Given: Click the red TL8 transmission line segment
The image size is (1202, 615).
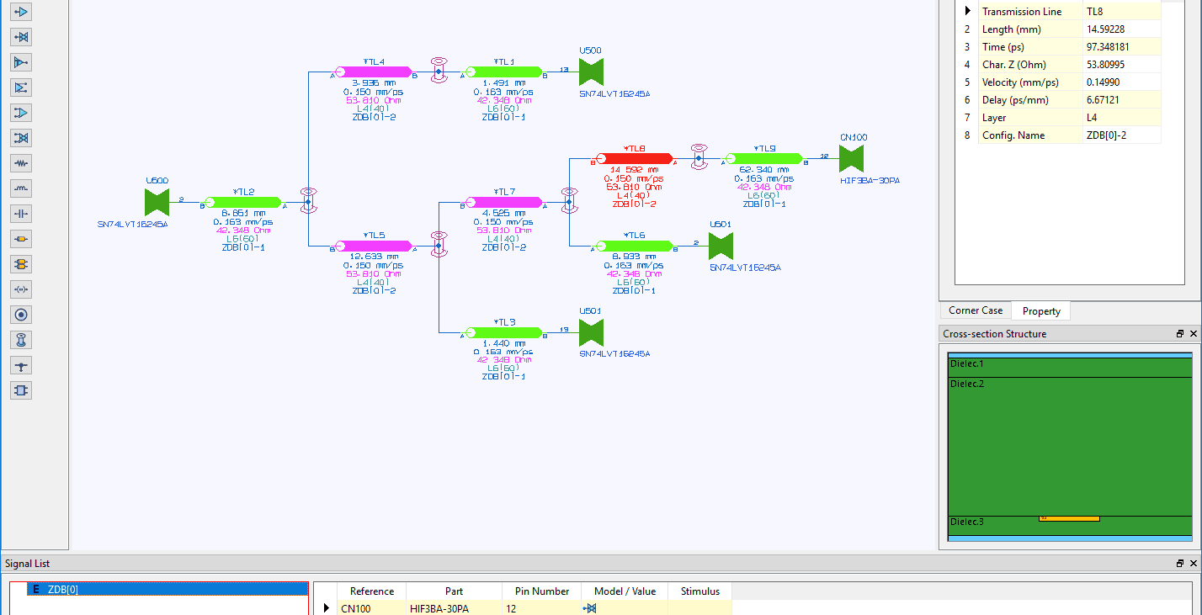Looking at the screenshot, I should click(634, 158).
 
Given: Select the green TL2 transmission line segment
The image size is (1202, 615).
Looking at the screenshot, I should click(243, 202).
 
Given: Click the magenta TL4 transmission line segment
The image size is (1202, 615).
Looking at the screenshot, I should click(374, 72).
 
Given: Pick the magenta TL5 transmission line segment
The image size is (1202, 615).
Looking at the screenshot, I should click(374, 246).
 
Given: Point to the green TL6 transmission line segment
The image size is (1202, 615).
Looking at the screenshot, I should click(635, 246).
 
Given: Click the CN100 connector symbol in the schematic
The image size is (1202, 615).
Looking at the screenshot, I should click(852, 158).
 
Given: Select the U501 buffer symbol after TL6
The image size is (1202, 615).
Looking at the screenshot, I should click(721, 246).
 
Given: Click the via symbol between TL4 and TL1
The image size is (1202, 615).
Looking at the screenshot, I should click(439, 71).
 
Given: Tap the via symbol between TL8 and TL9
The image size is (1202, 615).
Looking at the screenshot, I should click(699, 157).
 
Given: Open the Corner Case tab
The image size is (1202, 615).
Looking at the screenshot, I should click(976, 310).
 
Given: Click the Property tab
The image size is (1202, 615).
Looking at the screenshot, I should click(1041, 311).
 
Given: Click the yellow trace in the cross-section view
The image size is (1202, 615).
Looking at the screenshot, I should click(1069, 518).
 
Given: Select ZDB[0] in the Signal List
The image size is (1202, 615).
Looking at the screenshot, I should click(63, 590).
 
